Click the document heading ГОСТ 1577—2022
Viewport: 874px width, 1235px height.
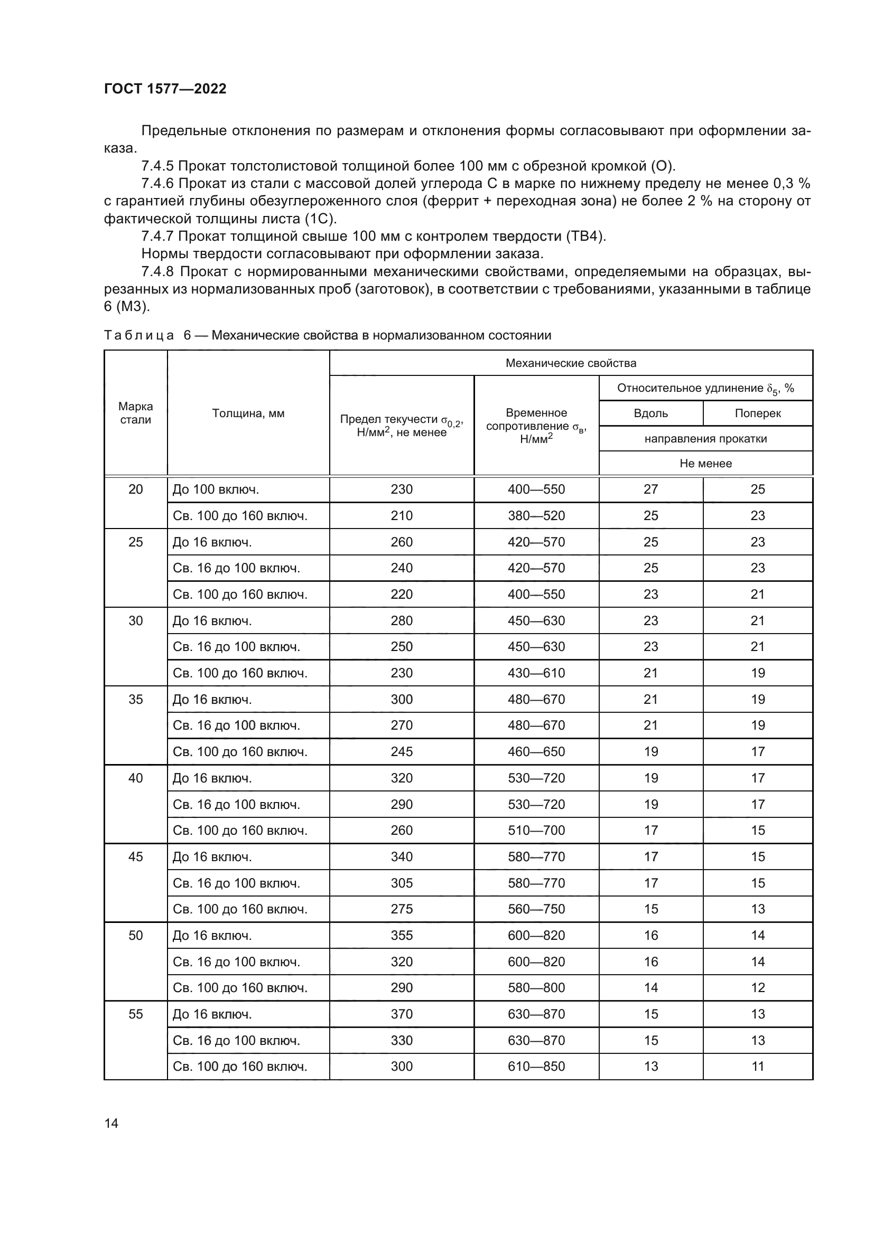(x=165, y=89)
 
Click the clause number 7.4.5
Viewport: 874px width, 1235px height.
(x=157, y=166)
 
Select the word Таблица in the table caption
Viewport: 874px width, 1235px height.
(x=139, y=335)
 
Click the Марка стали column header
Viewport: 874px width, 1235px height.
(x=136, y=413)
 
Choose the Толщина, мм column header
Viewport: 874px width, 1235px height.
(x=248, y=413)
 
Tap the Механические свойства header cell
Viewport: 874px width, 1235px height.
(x=571, y=363)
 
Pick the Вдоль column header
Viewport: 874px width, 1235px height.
(x=650, y=413)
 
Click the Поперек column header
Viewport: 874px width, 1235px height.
(x=757, y=413)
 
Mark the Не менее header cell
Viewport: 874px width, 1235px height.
(x=705, y=463)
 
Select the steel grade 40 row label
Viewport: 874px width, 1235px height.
(x=136, y=778)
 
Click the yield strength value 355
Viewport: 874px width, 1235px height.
(x=402, y=936)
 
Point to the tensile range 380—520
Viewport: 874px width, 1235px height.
(x=536, y=516)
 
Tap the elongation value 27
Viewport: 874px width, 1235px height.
(x=650, y=489)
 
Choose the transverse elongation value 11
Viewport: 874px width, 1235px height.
(x=757, y=1066)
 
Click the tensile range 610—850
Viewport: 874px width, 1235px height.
(x=536, y=1066)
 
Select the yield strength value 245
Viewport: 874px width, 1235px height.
(x=402, y=751)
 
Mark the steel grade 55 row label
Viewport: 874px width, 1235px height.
(x=136, y=1014)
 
